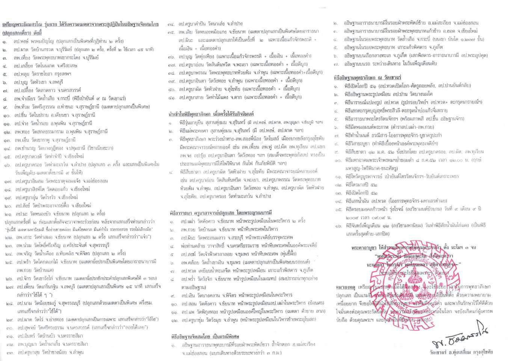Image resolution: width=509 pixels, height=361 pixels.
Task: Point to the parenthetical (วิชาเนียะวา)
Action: (101, 148)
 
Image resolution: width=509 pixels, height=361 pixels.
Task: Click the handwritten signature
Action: (462, 341)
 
